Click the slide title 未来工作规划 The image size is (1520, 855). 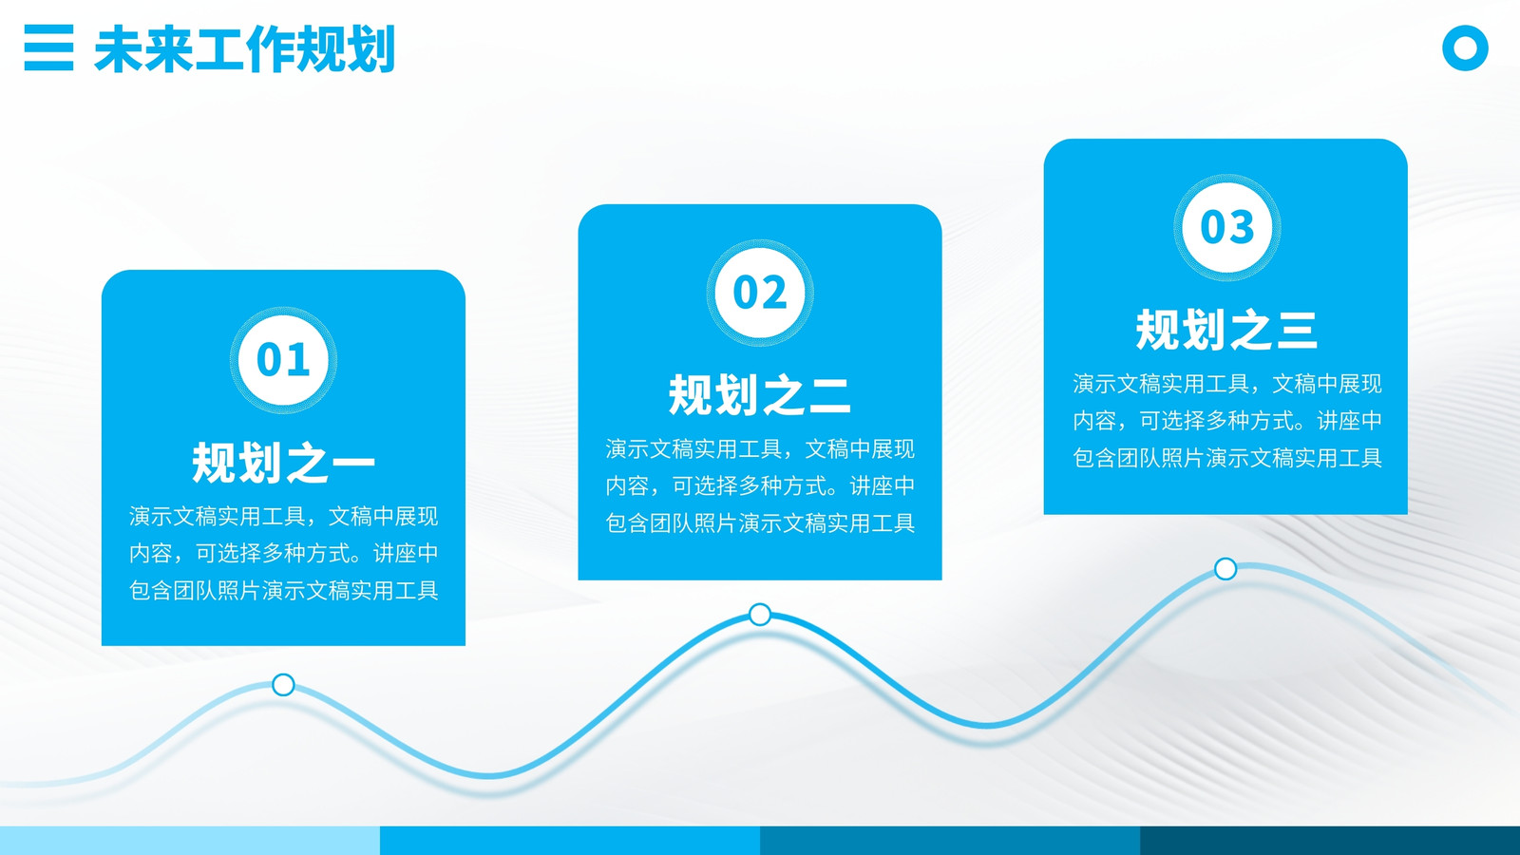click(x=244, y=48)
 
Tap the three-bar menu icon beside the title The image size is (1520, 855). click(x=48, y=47)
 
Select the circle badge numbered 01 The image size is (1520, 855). click(x=283, y=360)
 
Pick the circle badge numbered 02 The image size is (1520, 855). click(x=760, y=293)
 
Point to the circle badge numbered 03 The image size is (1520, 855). click(x=1226, y=227)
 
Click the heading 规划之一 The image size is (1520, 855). click(x=283, y=463)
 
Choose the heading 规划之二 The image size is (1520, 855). click(x=759, y=395)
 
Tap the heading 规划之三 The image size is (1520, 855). click(x=1226, y=330)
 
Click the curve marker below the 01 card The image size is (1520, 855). click(x=283, y=685)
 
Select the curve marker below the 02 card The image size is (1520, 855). click(x=760, y=615)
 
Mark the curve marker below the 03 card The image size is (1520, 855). click(x=1225, y=569)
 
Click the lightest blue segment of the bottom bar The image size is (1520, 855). click(x=190, y=841)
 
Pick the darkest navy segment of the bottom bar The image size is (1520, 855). click(x=1330, y=841)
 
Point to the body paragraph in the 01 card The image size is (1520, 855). click(x=284, y=554)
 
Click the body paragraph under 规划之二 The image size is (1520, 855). click(x=760, y=485)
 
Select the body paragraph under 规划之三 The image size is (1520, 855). click(x=1226, y=421)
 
